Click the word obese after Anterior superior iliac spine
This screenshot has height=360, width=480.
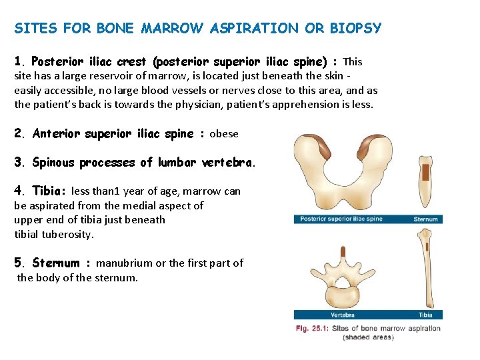pos(224,134)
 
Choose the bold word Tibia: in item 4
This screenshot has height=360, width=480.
pos(49,191)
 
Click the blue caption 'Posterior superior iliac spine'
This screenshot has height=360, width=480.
pos(341,219)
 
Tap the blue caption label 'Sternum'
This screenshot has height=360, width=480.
pos(425,219)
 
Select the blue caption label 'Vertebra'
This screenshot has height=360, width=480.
pos(342,315)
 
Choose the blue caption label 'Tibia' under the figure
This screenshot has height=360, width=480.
pos(425,315)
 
